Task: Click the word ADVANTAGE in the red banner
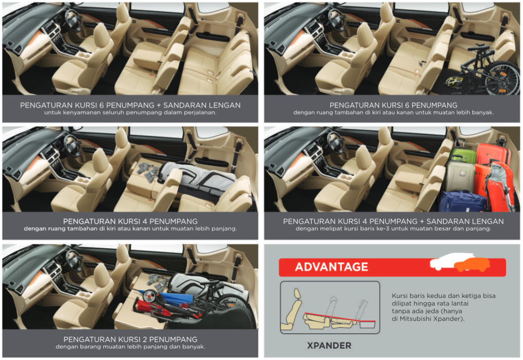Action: click(x=332, y=267)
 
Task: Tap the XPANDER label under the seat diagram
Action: click(x=329, y=345)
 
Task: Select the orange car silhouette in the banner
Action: click(x=472, y=264)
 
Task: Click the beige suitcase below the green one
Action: click(x=460, y=177)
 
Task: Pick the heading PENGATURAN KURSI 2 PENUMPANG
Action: click(x=131, y=339)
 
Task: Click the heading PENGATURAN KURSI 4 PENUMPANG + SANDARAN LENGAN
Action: click(x=393, y=221)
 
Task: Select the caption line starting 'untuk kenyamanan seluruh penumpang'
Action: click(x=131, y=112)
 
